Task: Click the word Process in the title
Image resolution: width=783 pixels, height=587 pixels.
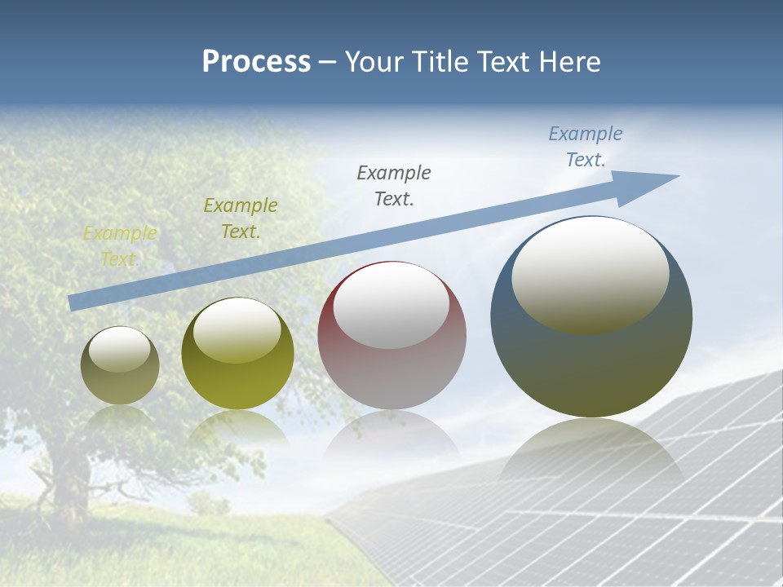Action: (x=256, y=62)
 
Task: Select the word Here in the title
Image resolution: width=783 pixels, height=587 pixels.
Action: (x=571, y=62)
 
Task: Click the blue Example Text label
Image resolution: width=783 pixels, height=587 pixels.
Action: (x=585, y=147)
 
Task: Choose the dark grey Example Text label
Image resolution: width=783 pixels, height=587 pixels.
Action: (x=394, y=185)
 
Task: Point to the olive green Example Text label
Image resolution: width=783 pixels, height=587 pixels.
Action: (x=241, y=218)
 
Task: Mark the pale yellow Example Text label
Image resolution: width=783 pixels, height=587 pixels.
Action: (x=120, y=246)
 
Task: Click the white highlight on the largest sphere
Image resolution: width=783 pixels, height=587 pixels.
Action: (x=590, y=273)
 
